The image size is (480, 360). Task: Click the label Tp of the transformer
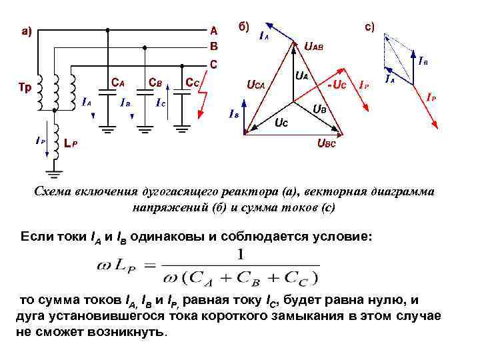[x=23, y=87]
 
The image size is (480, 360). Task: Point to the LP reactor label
[x=70, y=143]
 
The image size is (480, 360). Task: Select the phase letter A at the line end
[x=213, y=31]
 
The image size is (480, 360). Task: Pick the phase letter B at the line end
[x=213, y=47]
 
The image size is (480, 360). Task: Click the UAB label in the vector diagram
[x=314, y=46]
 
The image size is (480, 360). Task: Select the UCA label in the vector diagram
[x=255, y=85]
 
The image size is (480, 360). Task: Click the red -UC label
[x=336, y=85]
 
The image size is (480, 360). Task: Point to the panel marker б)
[x=243, y=27]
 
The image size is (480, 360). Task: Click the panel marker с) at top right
[x=369, y=27]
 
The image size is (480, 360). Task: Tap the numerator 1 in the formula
[x=241, y=254]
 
